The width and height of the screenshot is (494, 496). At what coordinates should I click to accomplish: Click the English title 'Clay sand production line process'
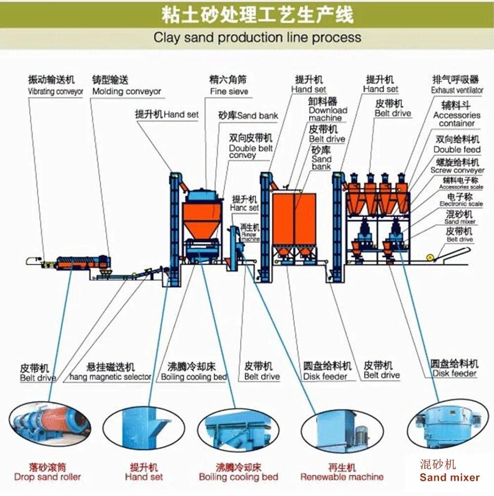point(257,38)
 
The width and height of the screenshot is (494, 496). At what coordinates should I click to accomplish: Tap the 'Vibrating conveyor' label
point(55,92)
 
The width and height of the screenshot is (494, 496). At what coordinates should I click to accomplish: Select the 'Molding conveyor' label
point(126,91)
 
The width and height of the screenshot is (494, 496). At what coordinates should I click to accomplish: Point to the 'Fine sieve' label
point(229,91)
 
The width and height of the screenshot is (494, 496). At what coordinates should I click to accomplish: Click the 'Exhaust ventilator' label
point(457,90)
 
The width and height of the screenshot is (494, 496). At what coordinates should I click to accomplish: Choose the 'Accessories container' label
point(457,119)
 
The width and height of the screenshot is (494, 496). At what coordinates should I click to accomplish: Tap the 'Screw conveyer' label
point(457,170)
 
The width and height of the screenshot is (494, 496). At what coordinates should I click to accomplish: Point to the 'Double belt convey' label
point(250,152)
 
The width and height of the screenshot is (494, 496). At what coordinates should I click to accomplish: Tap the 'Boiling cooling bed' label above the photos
point(194,377)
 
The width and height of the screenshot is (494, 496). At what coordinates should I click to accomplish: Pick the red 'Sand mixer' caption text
point(449,477)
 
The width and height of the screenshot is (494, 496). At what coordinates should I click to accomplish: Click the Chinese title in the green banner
point(257,15)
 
